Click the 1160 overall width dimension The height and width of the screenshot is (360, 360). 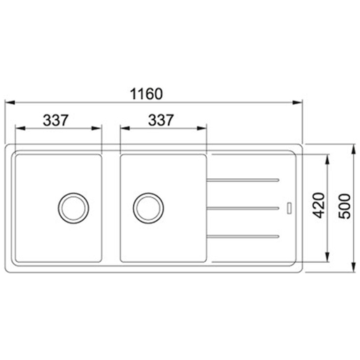146,94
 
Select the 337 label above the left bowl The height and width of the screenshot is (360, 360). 56,120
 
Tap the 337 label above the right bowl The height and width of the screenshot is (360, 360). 161,120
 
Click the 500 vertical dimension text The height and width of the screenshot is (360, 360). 345,206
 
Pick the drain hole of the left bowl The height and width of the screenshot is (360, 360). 73,208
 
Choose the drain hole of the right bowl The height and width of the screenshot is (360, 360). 148,208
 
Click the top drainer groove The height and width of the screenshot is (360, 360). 243,180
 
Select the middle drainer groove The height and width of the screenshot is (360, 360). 243,208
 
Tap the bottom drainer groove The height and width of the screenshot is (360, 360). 243,237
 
